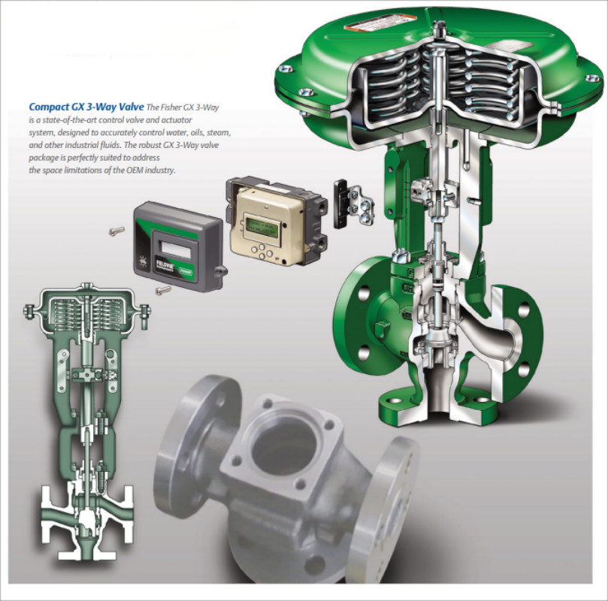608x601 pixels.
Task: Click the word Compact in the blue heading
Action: pos(53,107)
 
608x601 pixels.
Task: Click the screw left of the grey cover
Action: pos(116,231)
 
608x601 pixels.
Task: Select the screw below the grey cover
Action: pos(162,289)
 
